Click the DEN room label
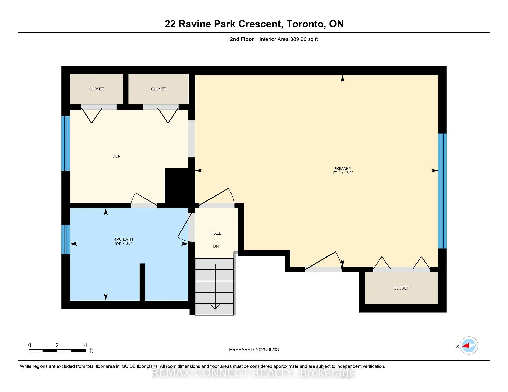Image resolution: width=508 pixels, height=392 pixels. click(116, 156)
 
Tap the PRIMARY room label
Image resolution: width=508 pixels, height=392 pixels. click(342, 169)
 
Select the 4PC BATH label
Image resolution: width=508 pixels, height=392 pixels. click(124, 239)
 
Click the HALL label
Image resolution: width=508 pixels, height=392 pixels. click(216, 233)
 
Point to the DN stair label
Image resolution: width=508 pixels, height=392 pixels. click(216, 246)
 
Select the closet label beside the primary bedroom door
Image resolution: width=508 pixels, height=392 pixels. click(401, 288)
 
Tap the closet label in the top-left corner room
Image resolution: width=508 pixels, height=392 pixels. click(96, 89)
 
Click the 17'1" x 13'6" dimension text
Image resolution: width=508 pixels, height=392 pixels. click(342, 173)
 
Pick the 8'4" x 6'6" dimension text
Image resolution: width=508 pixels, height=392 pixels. click(124, 244)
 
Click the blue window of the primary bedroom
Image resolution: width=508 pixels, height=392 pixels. click(442, 191)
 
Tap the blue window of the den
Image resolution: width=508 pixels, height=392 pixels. click(66, 144)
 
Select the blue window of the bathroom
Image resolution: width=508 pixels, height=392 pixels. click(66, 239)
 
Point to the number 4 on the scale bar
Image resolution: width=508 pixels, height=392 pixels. click(85, 345)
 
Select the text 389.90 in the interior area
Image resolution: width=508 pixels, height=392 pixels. click(298, 39)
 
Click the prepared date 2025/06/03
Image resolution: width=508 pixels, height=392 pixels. click(267, 349)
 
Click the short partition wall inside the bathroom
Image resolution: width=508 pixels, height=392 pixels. click(142, 282)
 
